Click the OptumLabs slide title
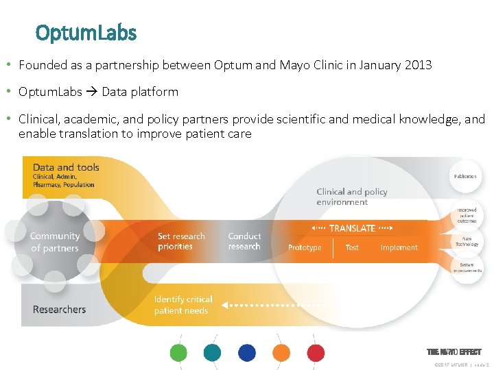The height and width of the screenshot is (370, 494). (x=86, y=32)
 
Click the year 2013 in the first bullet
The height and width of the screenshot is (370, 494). (x=417, y=65)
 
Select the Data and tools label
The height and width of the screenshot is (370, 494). (x=66, y=167)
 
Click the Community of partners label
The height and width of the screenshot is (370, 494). (x=55, y=242)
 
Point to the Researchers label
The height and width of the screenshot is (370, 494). (x=60, y=310)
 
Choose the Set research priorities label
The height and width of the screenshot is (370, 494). (x=181, y=241)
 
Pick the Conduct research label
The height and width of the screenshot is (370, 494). (x=244, y=241)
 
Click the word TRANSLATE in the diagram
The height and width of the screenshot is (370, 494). (x=352, y=228)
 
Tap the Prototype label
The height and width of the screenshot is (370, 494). (x=305, y=247)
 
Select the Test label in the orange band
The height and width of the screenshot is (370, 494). (x=352, y=247)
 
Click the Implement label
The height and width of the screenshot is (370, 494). (x=399, y=247)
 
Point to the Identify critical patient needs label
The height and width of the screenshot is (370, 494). (x=183, y=305)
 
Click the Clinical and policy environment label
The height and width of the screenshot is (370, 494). (x=352, y=197)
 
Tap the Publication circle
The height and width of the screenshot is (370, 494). (x=465, y=176)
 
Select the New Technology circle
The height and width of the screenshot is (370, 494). (x=467, y=241)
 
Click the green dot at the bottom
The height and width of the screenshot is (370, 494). (x=178, y=353)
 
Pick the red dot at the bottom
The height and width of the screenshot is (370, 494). (x=316, y=353)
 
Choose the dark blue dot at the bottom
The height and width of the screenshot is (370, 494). (x=247, y=353)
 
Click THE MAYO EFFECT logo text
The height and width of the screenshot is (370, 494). (x=454, y=351)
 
